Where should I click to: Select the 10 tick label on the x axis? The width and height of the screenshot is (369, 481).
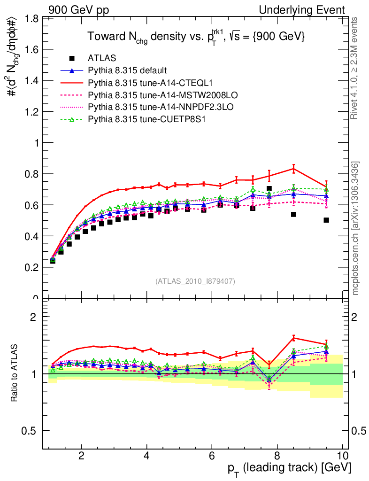click(x=342, y=456)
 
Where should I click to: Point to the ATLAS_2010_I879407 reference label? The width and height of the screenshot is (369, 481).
click(x=195, y=281)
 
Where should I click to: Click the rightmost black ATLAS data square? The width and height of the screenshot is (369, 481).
click(x=326, y=220)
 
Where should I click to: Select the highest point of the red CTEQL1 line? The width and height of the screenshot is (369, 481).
click(x=293, y=169)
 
